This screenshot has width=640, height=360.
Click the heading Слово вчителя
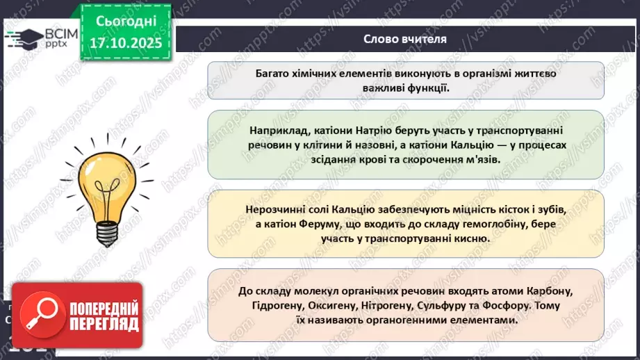405,39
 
